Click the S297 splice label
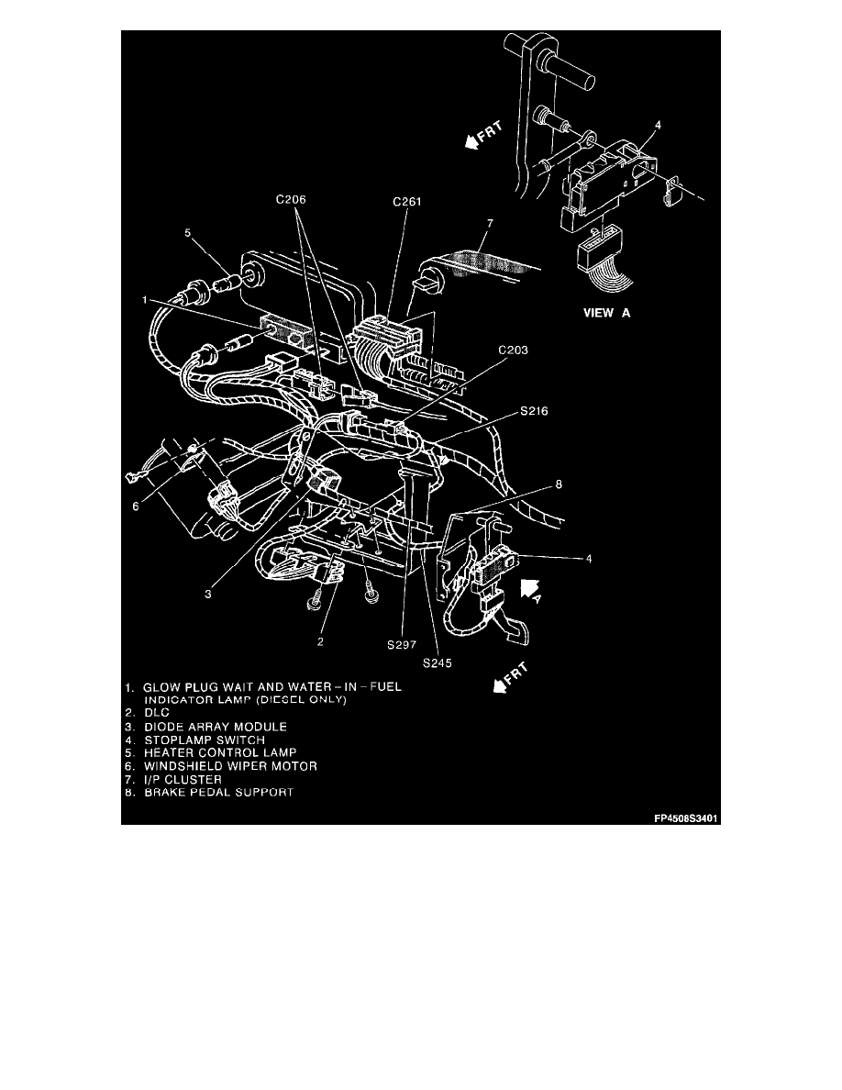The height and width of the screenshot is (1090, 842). (x=401, y=646)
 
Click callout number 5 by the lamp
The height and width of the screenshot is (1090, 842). (x=188, y=233)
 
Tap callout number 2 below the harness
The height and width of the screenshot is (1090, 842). (x=320, y=641)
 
